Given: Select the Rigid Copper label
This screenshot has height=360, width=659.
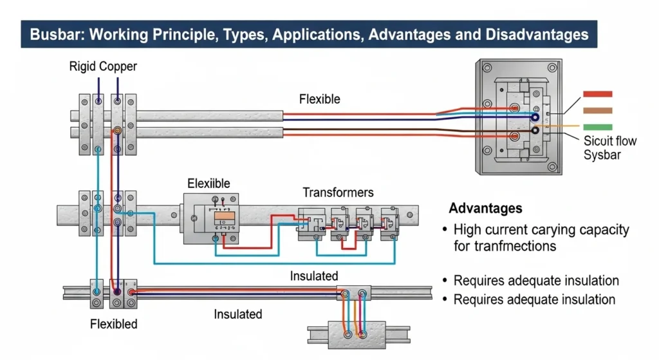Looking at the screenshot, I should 103,66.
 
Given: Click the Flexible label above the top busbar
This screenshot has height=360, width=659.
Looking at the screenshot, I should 320,99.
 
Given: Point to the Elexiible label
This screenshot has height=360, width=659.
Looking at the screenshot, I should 209,183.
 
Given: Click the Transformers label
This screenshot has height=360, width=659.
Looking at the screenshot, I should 338,193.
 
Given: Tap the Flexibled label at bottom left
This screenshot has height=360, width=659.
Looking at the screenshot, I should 113,323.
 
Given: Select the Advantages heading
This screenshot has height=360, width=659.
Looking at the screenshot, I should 485,209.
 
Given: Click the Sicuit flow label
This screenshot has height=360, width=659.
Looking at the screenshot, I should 610,141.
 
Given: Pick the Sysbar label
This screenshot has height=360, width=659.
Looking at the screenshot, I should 602,155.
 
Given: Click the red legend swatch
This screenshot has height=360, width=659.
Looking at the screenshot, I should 597,94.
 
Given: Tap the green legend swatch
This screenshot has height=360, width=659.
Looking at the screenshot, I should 597,127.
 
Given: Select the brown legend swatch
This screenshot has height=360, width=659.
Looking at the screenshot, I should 597,110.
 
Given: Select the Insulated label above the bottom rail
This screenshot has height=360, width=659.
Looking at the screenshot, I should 314,276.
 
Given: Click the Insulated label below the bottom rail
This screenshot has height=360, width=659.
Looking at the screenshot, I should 238,314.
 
